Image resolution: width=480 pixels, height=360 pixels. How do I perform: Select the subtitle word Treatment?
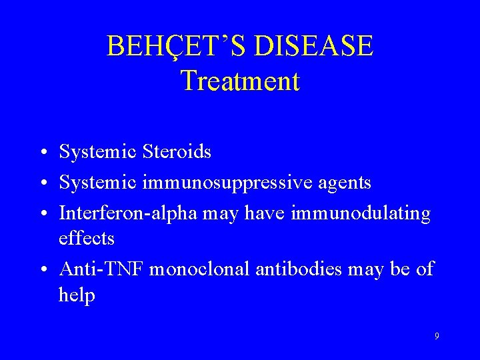240,81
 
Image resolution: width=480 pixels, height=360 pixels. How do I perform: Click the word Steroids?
176,152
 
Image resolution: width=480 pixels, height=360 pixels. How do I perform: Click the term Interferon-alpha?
122,213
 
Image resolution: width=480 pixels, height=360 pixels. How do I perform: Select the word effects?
87,238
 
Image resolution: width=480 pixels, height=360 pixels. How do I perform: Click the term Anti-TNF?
101,269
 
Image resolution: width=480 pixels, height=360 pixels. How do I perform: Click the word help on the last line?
77,295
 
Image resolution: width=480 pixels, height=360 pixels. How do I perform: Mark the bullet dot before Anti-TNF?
42,270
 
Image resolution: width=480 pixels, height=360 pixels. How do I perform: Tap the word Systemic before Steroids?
98,153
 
